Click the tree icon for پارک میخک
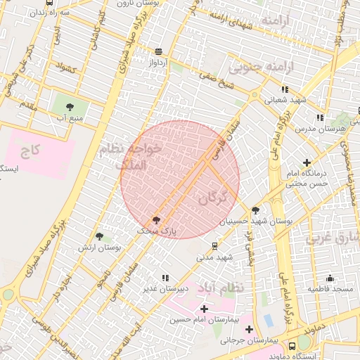click(x=157, y=219)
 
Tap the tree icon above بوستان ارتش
click(x=98, y=237)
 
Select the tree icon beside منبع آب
click(x=70, y=107)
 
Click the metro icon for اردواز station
click(x=158, y=51)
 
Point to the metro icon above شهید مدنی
click(x=214, y=246)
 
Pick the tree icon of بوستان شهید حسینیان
click(x=255, y=210)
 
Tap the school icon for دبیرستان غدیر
click(x=166, y=278)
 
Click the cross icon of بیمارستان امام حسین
click(x=204, y=309)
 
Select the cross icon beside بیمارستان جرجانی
click(x=250, y=329)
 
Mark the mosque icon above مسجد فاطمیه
click(x=330, y=278)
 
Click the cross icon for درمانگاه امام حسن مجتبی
click(x=307, y=162)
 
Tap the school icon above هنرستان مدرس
click(x=320, y=117)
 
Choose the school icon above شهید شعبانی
click(x=285, y=89)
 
